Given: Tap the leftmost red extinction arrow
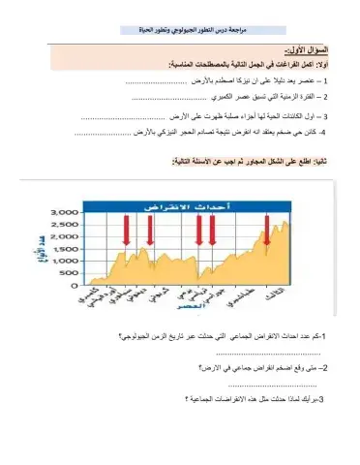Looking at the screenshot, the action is pyautogui.click(x=125, y=231).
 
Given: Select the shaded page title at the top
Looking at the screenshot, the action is pyautogui.click(x=185, y=32).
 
